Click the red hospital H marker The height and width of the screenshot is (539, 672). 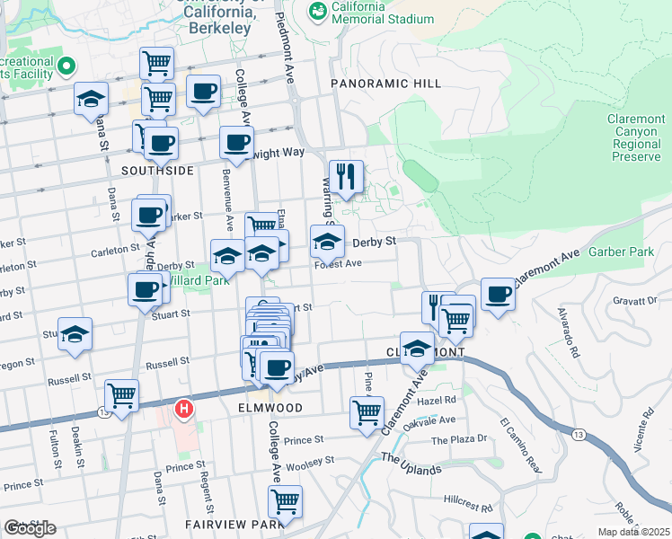point(184,410)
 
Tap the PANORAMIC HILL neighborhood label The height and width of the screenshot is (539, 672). point(386,84)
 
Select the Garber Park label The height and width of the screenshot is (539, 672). point(622,252)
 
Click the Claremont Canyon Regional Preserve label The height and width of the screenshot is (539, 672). point(636,137)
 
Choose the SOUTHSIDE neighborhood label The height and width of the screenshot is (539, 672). point(157,170)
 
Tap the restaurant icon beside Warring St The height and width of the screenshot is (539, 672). point(345,177)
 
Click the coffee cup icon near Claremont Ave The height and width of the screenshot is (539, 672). point(498,295)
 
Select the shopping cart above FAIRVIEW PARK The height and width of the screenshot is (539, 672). point(285,501)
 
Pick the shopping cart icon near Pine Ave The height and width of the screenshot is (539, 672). point(367,413)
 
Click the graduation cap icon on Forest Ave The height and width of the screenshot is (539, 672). point(327,241)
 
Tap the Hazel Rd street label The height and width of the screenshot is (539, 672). point(438,400)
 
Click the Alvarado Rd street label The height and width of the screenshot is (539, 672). point(567,332)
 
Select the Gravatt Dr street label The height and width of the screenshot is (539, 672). point(639,299)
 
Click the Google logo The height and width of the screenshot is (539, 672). point(30,528)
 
